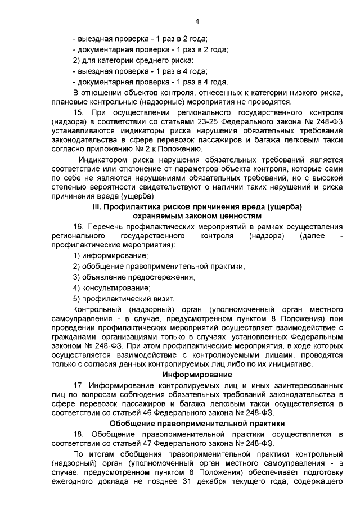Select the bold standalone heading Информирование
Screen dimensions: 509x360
pos(197,375)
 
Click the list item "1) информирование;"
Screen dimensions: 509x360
pos(107,256)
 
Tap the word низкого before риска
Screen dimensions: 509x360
pos(299,92)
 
